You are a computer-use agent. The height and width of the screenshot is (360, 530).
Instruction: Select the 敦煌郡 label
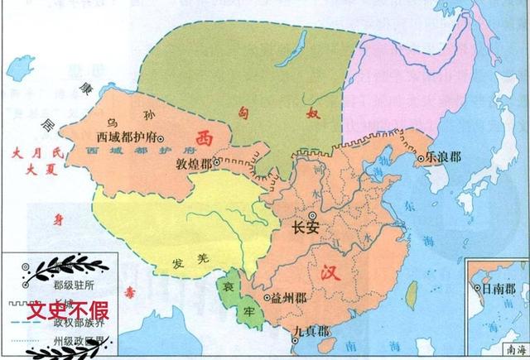[195, 164]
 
